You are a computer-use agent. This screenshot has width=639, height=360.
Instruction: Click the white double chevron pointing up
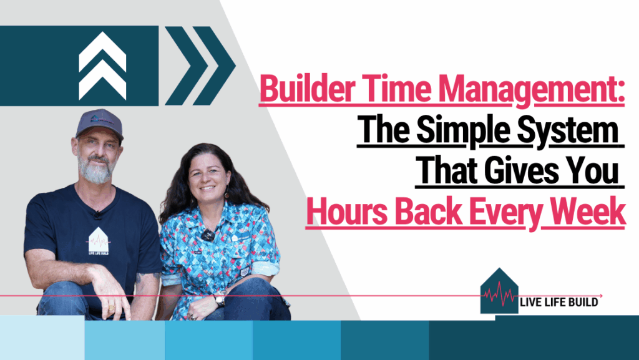click(102, 66)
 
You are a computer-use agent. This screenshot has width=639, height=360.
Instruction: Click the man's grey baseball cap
click(99, 122)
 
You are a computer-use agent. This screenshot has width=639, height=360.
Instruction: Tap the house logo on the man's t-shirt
click(98, 241)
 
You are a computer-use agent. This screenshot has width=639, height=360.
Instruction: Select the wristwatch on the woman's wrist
click(220, 299)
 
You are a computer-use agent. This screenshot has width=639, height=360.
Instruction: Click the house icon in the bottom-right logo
click(499, 291)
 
